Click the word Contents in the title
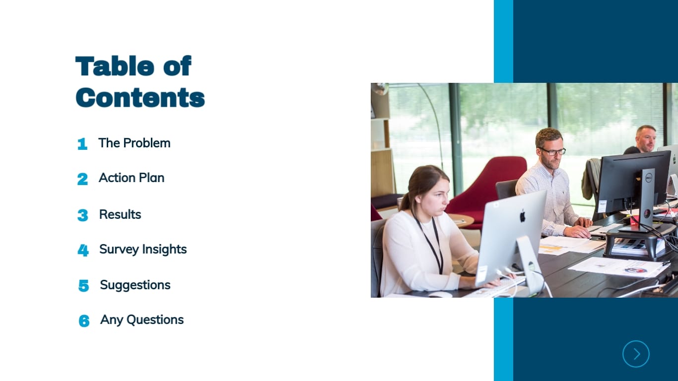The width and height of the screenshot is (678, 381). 140,97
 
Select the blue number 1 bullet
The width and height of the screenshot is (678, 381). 82,144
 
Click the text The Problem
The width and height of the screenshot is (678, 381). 134,143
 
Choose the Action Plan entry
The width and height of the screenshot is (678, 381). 132,178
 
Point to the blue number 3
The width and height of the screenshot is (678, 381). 83,215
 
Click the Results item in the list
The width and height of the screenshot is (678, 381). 120,214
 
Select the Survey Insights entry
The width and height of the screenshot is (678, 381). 143,249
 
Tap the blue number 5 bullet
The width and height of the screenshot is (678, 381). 83,286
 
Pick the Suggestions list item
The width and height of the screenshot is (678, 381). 135,285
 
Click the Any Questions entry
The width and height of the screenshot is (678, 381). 142,319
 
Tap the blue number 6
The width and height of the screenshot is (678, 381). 84,321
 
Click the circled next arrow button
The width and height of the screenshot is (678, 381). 636,354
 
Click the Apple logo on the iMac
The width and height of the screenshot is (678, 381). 522,216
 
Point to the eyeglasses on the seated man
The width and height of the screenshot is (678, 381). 553,151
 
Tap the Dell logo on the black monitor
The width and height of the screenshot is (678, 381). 648,177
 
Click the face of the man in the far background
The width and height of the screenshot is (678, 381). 646,140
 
